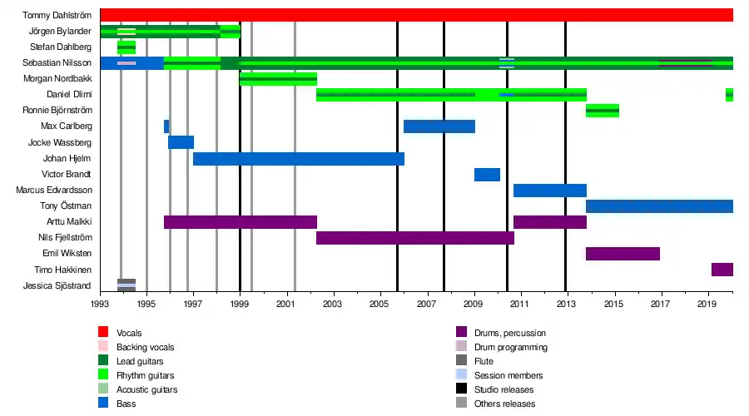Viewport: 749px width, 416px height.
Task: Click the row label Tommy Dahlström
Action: (x=57, y=15)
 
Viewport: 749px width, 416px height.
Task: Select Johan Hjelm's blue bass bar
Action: (x=298, y=158)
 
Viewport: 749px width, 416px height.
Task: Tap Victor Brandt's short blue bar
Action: (x=487, y=174)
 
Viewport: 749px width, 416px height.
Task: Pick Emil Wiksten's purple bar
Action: (x=623, y=253)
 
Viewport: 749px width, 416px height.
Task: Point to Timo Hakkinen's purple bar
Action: (x=722, y=269)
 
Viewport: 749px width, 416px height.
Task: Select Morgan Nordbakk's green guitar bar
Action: (x=278, y=79)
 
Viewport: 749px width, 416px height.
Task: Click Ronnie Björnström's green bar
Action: (x=602, y=111)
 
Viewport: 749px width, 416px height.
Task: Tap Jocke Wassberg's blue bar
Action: (x=181, y=142)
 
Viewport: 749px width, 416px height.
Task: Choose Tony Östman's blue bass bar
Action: (x=659, y=206)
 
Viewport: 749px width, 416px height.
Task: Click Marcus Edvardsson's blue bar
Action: (x=549, y=190)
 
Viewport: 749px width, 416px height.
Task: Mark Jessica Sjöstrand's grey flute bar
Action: (x=126, y=285)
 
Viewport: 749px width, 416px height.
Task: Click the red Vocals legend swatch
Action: (x=103, y=332)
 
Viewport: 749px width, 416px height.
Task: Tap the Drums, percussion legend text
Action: (x=510, y=332)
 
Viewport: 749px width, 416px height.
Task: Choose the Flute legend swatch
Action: (x=461, y=361)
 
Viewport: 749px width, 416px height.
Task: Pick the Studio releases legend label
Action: (x=503, y=389)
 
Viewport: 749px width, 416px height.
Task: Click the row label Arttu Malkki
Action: (x=69, y=221)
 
